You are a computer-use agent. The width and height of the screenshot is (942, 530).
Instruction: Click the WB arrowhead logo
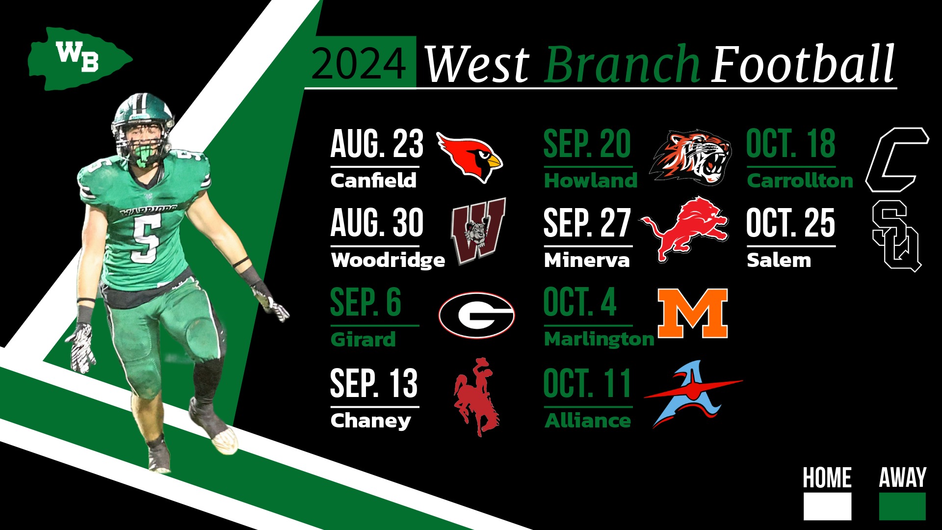coord(78,59)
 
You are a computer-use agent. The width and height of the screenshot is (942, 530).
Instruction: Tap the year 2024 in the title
coord(359,64)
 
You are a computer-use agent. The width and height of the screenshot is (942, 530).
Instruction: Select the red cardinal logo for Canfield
coord(470,156)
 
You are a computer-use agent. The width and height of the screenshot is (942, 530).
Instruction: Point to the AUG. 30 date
coord(377,223)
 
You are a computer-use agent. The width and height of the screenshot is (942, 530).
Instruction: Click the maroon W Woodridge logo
coord(478,231)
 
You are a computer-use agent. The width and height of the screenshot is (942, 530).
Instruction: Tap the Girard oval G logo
coord(476,315)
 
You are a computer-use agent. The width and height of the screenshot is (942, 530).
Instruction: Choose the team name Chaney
coord(370,421)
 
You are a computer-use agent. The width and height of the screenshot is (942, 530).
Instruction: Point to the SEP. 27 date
coord(586,223)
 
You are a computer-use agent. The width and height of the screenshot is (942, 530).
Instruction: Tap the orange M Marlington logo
coord(692,313)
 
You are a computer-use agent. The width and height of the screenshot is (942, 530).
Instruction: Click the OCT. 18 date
coord(790,144)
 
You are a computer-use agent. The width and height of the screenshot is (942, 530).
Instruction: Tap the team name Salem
coord(779,260)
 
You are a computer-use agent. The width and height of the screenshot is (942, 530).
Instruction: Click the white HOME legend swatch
coord(827,506)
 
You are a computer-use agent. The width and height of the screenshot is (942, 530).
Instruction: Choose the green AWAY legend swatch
coord(902,506)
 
